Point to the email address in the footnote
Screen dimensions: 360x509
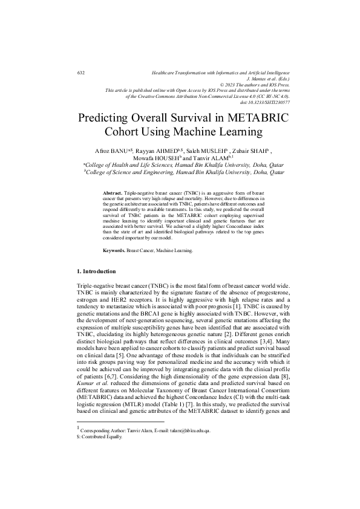pyautogui.click(x=186, y=430)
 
